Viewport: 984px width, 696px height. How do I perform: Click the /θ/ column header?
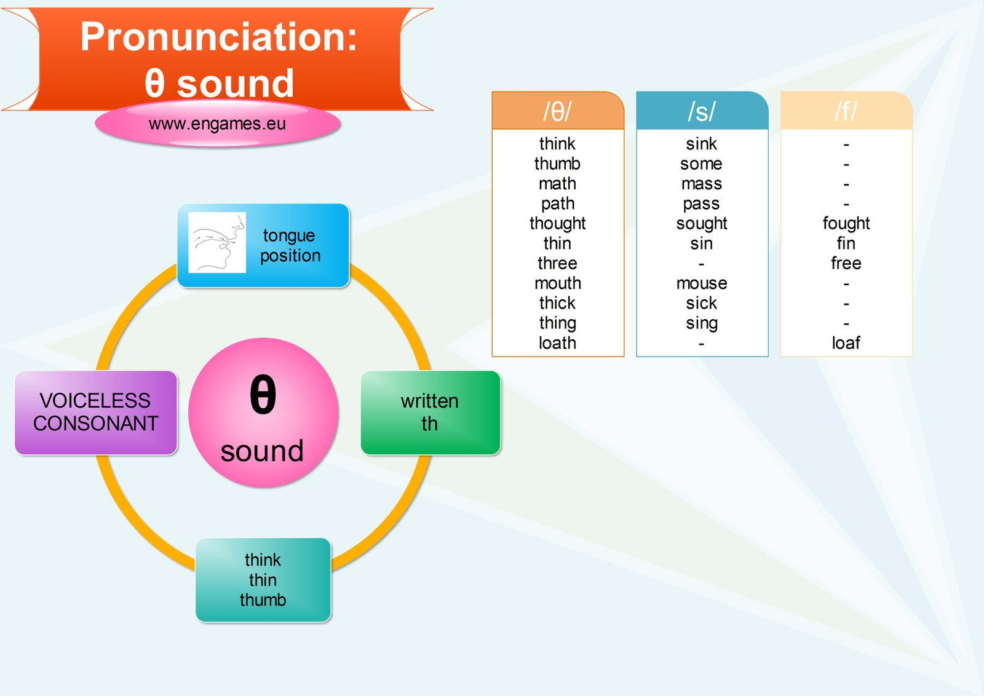coord(557,111)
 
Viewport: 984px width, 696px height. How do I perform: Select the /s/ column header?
coord(701,111)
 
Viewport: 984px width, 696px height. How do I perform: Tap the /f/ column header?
coord(846,111)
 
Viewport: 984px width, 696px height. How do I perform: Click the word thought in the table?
coord(557,223)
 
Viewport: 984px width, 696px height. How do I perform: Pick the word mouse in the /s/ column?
coord(701,283)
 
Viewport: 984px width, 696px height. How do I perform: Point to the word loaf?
coord(846,342)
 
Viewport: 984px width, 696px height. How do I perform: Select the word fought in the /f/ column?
coord(846,223)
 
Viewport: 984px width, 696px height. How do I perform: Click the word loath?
coord(557,342)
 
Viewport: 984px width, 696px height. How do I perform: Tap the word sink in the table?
coord(701,144)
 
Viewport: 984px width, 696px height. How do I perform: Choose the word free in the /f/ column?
coord(846,263)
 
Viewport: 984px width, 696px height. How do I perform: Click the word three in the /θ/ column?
coord(557,263)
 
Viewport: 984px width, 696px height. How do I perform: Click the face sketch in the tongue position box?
coord(216,242)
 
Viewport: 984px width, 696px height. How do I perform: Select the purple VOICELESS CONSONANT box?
coord(96,413)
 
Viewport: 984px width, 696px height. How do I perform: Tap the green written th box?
coord(430,413)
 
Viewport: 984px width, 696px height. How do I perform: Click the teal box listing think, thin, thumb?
coord(263,580)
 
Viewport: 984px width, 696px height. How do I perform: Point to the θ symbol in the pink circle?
coord(263,395)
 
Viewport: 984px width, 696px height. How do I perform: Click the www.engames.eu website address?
coord(217,124)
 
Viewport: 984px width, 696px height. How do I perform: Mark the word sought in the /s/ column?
coord(701,223)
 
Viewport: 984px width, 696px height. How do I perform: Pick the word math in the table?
coord(557,183)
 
